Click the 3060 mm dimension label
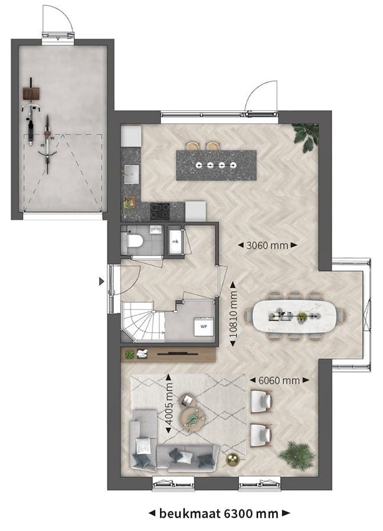pos(267,245)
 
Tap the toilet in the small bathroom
pos(133,241)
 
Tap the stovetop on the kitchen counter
pos(159,211)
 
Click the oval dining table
pos(299,316)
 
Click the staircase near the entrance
pos(142,321)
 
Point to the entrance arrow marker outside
pos(102,282)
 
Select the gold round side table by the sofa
pos(233,460)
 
